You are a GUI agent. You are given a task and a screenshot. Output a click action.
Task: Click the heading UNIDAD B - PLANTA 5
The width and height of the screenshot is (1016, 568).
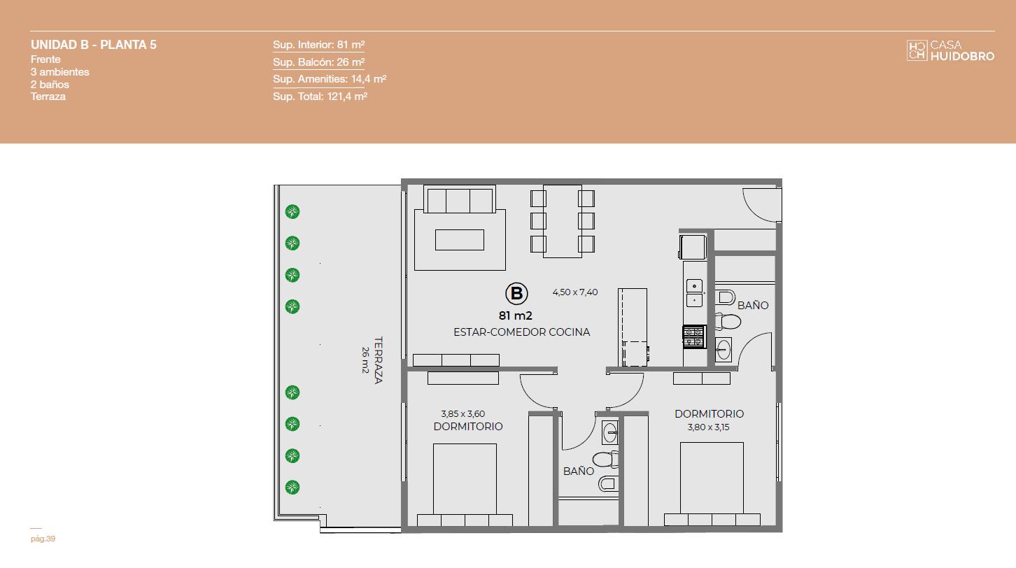click(94, 45)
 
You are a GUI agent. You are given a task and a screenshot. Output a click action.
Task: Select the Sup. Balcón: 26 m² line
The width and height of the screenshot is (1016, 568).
click(318, 62)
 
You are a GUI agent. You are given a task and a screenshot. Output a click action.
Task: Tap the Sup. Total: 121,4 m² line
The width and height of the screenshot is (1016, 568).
click(320, 96)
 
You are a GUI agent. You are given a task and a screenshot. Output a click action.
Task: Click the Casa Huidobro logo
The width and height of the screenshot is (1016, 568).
click(950, 50)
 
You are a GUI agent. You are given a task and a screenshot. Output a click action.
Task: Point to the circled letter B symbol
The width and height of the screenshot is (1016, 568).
click(516, 293)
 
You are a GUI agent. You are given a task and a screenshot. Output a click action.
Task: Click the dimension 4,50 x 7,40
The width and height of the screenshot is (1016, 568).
click(574, 292)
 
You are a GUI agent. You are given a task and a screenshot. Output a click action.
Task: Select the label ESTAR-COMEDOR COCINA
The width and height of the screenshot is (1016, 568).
click(521, 332)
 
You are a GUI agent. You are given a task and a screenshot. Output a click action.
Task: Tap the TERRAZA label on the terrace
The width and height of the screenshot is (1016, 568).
click(379, 360)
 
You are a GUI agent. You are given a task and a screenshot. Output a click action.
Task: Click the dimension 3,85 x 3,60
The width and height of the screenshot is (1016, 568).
click(463, 414)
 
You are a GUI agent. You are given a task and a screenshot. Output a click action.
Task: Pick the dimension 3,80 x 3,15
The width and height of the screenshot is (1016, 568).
click(708, 427)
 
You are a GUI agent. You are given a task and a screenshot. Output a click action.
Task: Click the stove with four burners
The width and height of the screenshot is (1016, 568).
click(694, 336)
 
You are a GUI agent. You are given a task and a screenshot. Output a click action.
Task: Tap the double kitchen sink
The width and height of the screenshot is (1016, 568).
click(694, 293)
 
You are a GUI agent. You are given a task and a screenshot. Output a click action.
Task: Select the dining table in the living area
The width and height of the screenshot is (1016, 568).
click(563, 221)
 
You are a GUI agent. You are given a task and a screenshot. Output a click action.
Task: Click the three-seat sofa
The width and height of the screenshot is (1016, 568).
click(460, 199)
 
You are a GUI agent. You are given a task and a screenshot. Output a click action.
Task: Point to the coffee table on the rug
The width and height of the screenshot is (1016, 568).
click(460, 240)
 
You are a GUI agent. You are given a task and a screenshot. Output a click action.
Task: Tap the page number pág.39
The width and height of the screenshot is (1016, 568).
click(43, 539)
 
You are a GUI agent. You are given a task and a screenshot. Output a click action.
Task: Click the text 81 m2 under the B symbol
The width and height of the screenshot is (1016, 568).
click(515, 315)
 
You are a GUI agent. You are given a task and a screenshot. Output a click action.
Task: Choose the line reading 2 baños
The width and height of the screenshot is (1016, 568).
click(50, 85)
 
